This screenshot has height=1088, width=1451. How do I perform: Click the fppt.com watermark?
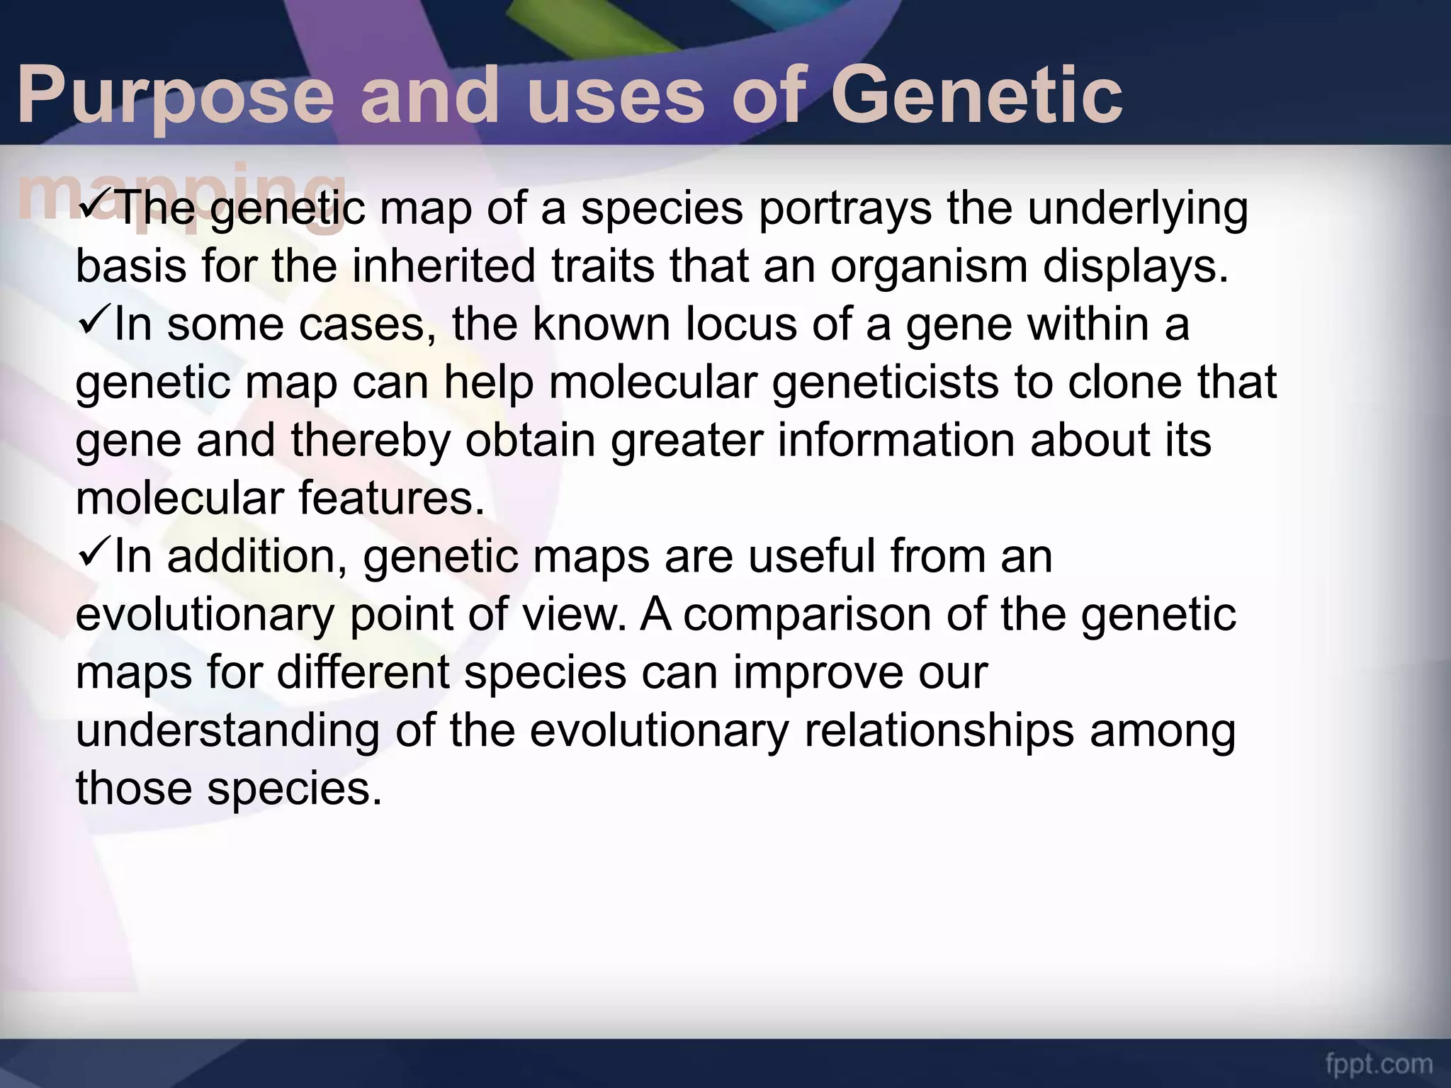1379,1064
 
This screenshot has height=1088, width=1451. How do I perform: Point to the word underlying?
1138,210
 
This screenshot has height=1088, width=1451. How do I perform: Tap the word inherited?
444,266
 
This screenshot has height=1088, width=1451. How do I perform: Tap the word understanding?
227,731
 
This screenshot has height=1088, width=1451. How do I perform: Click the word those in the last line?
133,788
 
